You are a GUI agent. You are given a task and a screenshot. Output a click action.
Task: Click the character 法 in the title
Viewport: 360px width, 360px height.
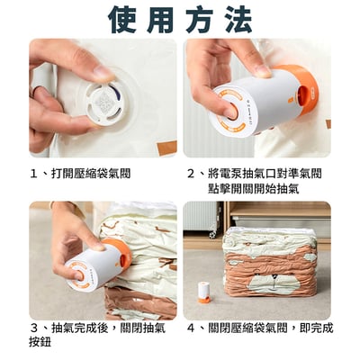point(238,19)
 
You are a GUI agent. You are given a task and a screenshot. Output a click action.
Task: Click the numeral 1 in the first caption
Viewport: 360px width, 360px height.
point(33,174)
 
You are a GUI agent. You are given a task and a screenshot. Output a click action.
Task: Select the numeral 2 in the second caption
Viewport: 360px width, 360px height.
point(191,174)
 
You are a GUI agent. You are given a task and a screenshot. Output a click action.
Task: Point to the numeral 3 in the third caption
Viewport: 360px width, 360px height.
point(34,328)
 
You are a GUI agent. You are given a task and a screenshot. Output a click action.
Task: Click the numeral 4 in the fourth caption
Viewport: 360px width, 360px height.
point(191,328)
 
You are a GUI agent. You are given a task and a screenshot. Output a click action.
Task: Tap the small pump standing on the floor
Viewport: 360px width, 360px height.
point(204,292)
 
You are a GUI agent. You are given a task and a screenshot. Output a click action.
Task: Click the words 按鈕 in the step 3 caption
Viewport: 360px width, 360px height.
point(40,342)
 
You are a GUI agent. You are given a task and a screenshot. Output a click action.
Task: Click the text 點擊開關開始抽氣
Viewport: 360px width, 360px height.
point(254,189)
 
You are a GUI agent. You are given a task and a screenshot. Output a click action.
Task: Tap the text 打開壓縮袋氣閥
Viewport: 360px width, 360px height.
point(91,174)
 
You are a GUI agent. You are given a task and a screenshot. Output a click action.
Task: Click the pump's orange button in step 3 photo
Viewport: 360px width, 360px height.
point(79,275)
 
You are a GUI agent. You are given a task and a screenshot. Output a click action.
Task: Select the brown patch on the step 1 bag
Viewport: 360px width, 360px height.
point(167,148)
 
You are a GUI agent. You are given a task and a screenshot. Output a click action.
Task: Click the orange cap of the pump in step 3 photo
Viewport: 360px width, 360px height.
point(118,251)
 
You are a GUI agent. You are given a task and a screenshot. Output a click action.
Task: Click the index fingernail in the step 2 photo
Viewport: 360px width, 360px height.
point(264,72)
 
